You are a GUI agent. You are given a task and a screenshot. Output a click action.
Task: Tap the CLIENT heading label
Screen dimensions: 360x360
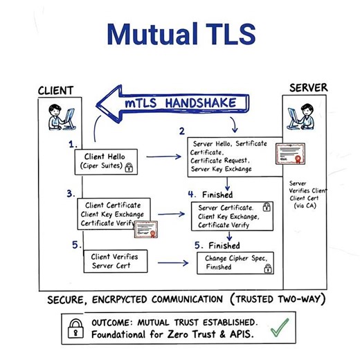[55, 91]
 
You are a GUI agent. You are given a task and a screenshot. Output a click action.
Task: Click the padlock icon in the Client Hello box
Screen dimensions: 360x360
[129, 167]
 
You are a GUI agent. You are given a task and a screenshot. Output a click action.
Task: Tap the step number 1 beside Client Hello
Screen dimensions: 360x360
[73, 145]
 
